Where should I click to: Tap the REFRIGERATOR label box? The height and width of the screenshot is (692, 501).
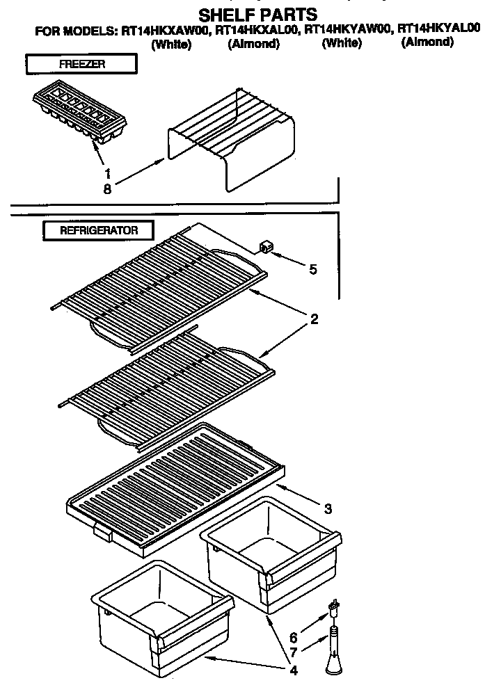point(98,230)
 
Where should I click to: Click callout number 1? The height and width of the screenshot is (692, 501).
point(107,173)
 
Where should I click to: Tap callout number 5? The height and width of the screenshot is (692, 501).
point(313,268)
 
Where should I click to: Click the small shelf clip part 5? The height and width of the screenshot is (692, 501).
point(264,247)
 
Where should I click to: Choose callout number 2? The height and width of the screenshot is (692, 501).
point(315,319)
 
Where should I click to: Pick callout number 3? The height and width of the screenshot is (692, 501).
point(327,508)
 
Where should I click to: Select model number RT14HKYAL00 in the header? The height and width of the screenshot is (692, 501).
point(438,30)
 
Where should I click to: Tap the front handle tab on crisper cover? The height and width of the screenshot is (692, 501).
point(102,533)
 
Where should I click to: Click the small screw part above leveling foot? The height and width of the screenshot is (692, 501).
point(335,609)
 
